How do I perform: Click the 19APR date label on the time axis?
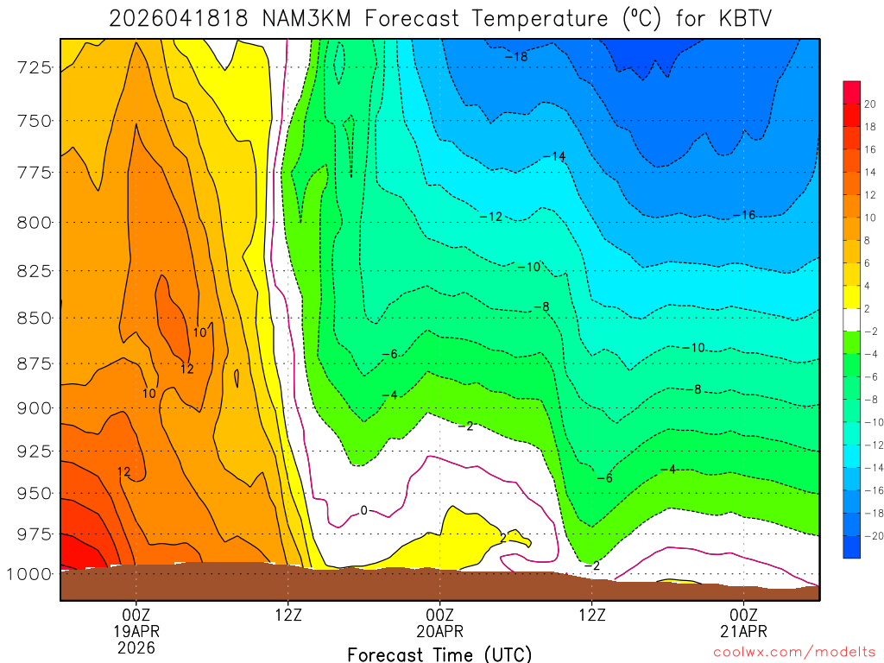tap(136, 630)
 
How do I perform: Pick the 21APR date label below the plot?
tap(744, 630)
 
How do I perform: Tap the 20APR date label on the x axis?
tap(440, 630)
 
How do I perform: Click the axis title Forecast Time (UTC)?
tap(439, 654)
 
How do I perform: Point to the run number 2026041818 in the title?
tap(178, 17)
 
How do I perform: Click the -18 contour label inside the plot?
tap(516, 57)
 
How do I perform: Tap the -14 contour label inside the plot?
tap(554, 156)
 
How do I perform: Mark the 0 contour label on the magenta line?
tap(363, 510)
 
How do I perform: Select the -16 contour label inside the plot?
tap(743, 215)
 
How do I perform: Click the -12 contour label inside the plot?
tap(491, 217)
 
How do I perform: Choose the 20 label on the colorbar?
tap(869, 104)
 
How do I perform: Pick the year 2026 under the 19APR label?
tap(136, 647)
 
